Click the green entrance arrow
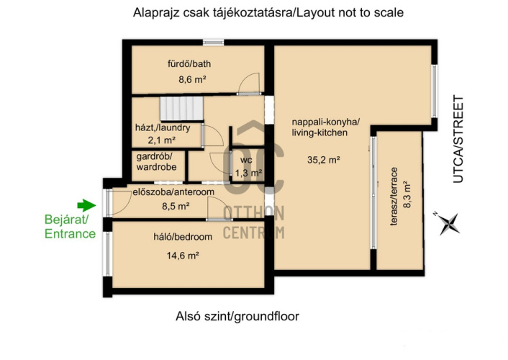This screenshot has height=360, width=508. [x=86, y=205]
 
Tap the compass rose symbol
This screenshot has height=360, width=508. [x=449, y=223]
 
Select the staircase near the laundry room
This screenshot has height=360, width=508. [x=181, y=108]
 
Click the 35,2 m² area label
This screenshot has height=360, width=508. [x=323, y=160]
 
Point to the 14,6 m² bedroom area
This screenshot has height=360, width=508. [x=183, y=256]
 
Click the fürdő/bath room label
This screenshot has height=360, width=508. [x=189, y=63]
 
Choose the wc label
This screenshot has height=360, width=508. [x=246, y=160]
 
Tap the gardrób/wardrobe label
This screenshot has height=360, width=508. [x=156, y=162]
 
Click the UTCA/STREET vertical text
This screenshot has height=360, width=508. [x=458, y=139]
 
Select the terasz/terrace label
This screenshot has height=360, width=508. [x=394, y=197]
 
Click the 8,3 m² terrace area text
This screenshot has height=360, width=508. [x=407, y=194]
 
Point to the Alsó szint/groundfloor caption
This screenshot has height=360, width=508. [x=237, y=316]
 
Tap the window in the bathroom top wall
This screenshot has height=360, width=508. [x=213, y=42]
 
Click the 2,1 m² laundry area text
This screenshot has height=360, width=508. [x=162, y=140]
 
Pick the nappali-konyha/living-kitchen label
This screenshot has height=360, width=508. [x=326, y=127]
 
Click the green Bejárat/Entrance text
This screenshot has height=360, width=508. [x=70, y=227]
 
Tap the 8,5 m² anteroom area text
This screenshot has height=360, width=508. [x=176, y=206]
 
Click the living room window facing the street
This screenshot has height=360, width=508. [x=435, y=91]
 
